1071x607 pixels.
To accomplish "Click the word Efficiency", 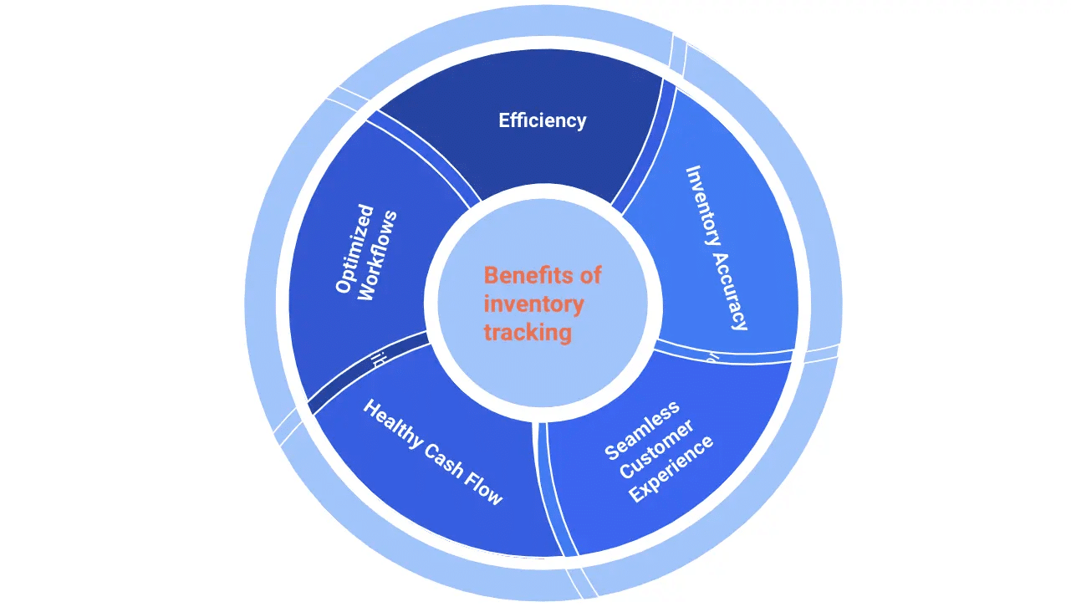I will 542,120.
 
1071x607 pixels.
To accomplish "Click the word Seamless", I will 642,431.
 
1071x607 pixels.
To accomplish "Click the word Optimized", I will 354,248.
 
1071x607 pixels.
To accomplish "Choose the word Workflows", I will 376,257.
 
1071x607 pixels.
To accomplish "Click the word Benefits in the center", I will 519,275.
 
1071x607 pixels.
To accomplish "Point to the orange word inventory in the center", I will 533,303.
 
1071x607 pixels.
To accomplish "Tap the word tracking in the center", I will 528,332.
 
